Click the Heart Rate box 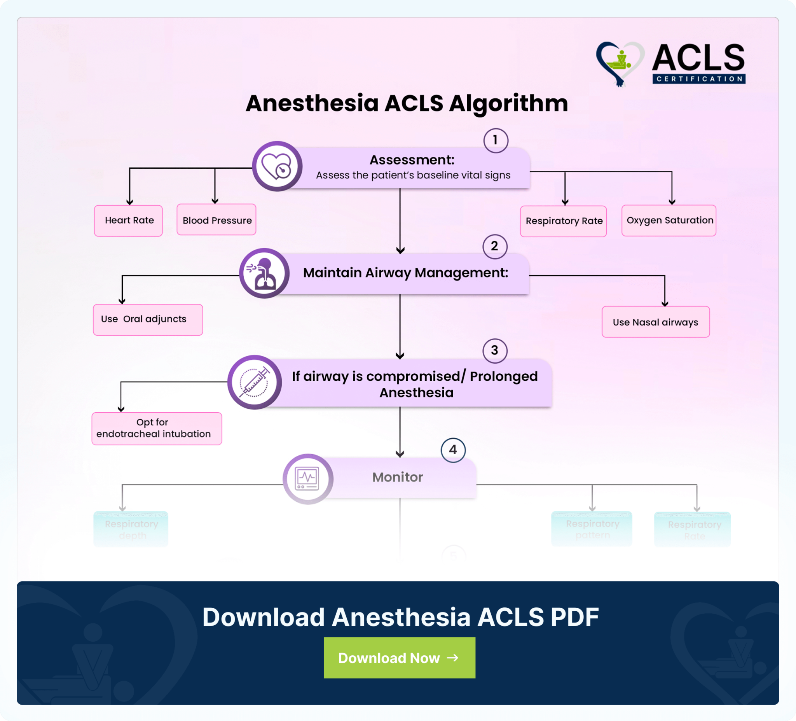coord(128,220)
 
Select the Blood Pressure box coord(216,220)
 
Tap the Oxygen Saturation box coord(669,220)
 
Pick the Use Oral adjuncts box coord(148,320)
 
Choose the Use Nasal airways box coord(655,322)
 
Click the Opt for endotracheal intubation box coord(157,429)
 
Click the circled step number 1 coord(496,140)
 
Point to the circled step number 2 coord(495,247)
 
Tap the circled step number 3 coord(495,350)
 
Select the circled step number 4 coord(453,450)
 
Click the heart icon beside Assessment coord(277,166)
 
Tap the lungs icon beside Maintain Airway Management coord(264,273)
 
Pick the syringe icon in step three coord(255,382)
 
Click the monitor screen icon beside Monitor coord(307,479)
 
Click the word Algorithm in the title coord(508,103)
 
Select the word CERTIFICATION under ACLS coord(699,79)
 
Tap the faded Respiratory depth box coord(131,529)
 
